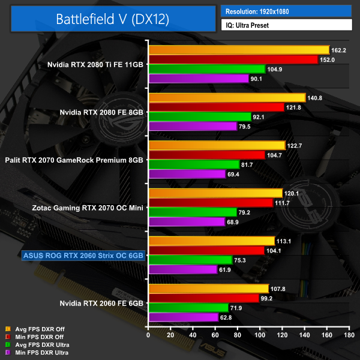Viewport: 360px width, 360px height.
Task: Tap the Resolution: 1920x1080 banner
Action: click(286, 11)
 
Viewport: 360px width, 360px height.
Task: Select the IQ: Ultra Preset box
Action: click(286, 25)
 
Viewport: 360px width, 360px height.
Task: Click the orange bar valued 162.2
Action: click(239, 50)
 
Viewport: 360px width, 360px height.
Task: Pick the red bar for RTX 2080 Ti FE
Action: click(233, 59)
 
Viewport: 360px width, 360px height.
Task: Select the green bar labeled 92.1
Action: click(200, 117)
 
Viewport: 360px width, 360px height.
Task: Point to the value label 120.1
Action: click(293, 193)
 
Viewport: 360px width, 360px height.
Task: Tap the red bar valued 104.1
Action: click(206, 250)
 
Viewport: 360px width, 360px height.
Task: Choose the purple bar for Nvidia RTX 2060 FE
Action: click(183, 317)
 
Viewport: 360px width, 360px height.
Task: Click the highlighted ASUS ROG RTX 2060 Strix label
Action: click(83, 255)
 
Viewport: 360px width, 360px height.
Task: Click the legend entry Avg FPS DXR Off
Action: click(40, 329)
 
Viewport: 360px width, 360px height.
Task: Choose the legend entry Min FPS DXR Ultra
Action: click(41, 352)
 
